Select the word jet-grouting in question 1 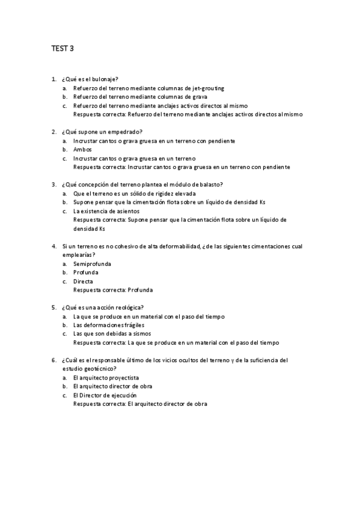pyautogui.click(x=210, y=88)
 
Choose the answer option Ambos pyautogui.click(x=82, y=149)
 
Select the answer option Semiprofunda pyautogui.click(x=92, y=263)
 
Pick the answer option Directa pyautogui.click(x=83, y=281)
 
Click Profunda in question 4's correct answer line pyautogui.click(x=140, y=290)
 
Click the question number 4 pyautogui.click(x=54, y=246)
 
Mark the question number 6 pyautogui.click(x=54, y=360)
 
